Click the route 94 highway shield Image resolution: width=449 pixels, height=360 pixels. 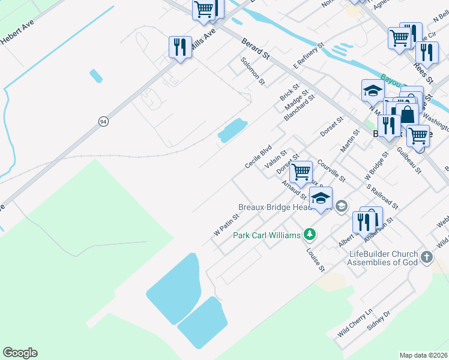(104, 121)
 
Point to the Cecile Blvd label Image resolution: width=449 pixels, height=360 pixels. (259, 156)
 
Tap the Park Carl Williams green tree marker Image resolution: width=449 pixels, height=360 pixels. (310, 233)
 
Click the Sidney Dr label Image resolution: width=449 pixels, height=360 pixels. (379, 321)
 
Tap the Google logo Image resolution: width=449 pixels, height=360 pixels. (20, 353)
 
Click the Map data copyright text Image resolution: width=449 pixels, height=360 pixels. (424, 355)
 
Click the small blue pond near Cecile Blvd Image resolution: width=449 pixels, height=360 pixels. (232, 130)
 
